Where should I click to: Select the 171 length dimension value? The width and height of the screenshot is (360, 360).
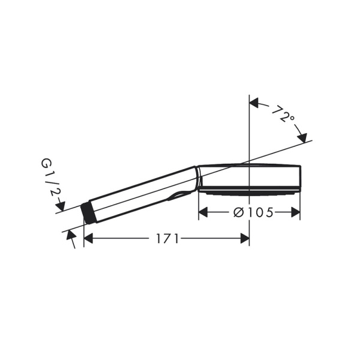(167, 239)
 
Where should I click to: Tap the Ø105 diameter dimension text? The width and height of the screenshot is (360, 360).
(252, 212)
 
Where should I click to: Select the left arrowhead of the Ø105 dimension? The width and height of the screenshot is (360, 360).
(203, 212)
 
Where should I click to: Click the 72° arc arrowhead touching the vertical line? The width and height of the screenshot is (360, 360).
(254, 103)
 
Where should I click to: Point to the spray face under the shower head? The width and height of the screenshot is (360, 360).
(249, 193)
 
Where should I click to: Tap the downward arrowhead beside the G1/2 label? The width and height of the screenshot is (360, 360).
(60, 206)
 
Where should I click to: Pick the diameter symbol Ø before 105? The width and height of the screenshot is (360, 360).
(237, 212)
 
